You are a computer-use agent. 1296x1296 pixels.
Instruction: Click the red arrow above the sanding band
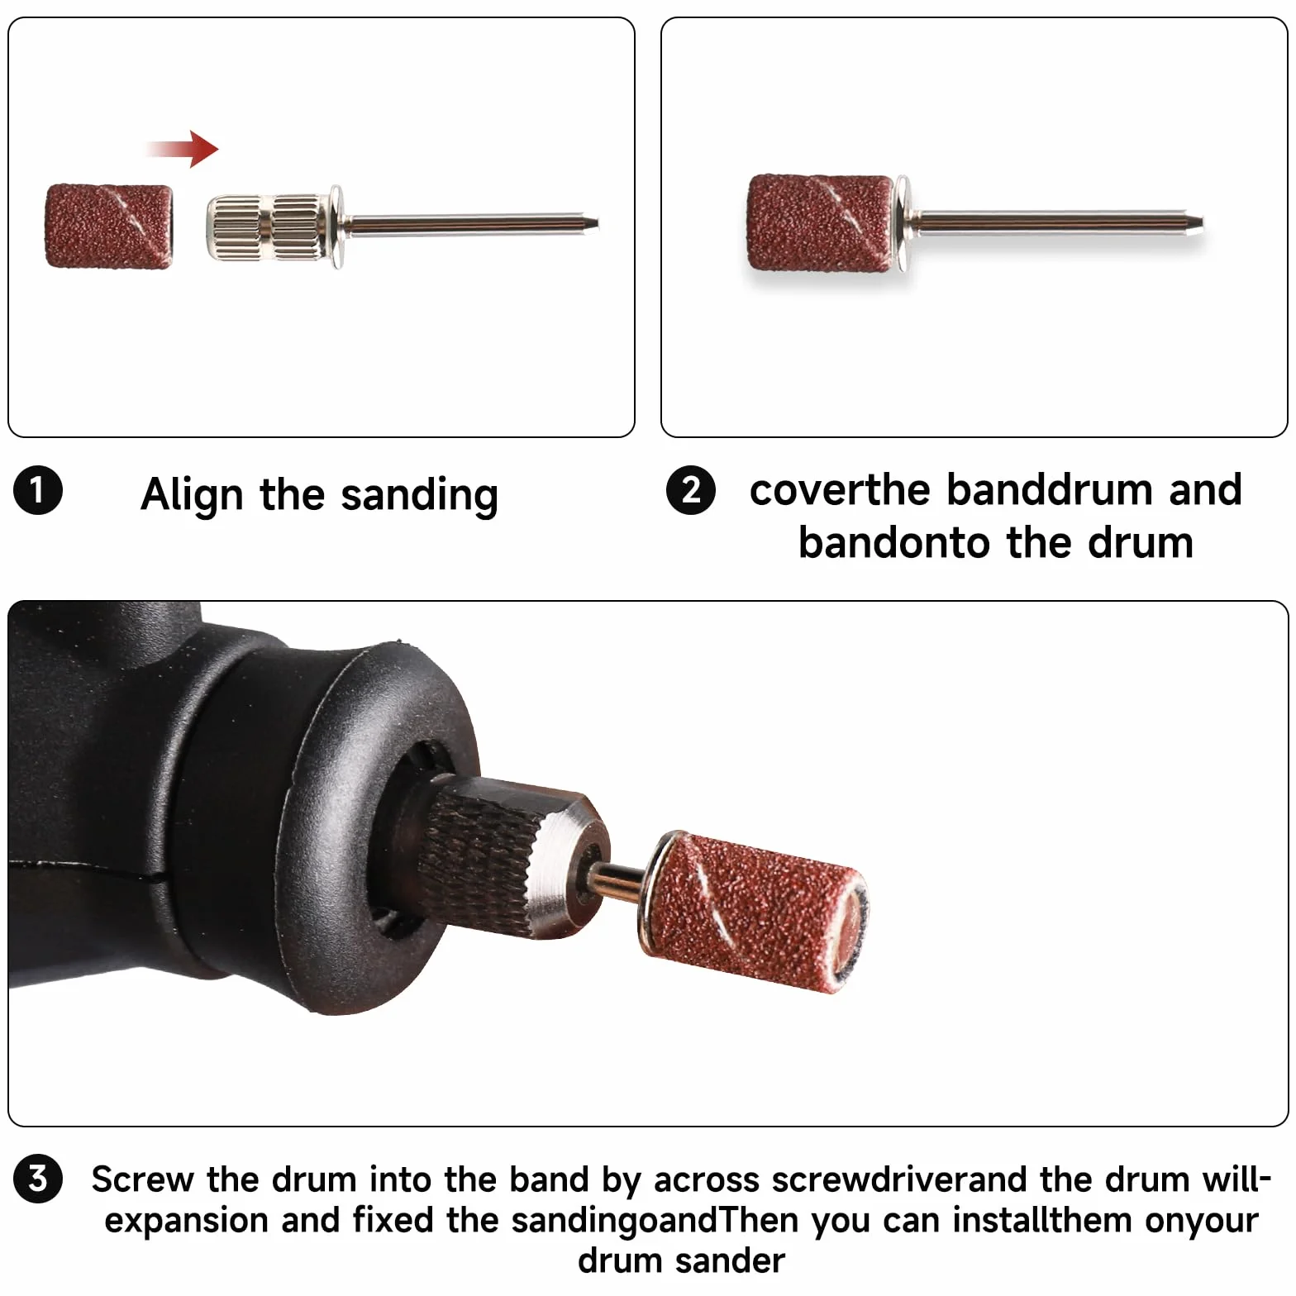tap(183, 149)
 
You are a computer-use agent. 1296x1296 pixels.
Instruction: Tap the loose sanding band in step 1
tap(109, 226)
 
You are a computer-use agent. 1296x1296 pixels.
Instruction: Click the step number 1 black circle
tap(38, 490)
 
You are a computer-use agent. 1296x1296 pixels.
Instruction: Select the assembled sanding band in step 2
tap(820, 223)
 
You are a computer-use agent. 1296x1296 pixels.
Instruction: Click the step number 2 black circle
tap(691, 489)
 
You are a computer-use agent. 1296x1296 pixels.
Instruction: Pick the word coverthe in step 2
tap(841, 489)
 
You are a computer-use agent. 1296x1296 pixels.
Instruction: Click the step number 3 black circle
tap(38, 1178)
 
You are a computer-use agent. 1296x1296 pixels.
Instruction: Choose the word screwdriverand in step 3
tap(898, 1179)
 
